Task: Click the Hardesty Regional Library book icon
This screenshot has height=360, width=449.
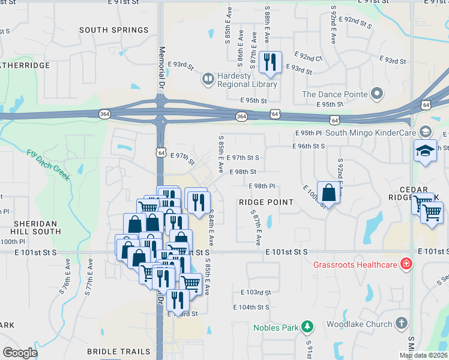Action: tap(208, 79)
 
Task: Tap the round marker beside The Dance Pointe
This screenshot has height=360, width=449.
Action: tap(377, 94)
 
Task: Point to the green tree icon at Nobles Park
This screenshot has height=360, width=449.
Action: tap(307, 326)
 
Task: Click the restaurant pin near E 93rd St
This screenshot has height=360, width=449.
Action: tap(271, 62)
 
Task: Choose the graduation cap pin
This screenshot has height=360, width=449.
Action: tap(425, 151)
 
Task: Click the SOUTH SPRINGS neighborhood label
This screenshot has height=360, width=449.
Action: tap(113, 30)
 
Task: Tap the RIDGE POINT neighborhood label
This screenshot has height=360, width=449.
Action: tap(266, 202)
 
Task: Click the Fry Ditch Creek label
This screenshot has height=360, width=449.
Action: tap(49, 163)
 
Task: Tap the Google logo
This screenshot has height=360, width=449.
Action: tap(20, 352)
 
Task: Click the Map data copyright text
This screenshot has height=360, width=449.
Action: tap(423, 355)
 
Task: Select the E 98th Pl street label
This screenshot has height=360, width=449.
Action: tap(261, 187)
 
